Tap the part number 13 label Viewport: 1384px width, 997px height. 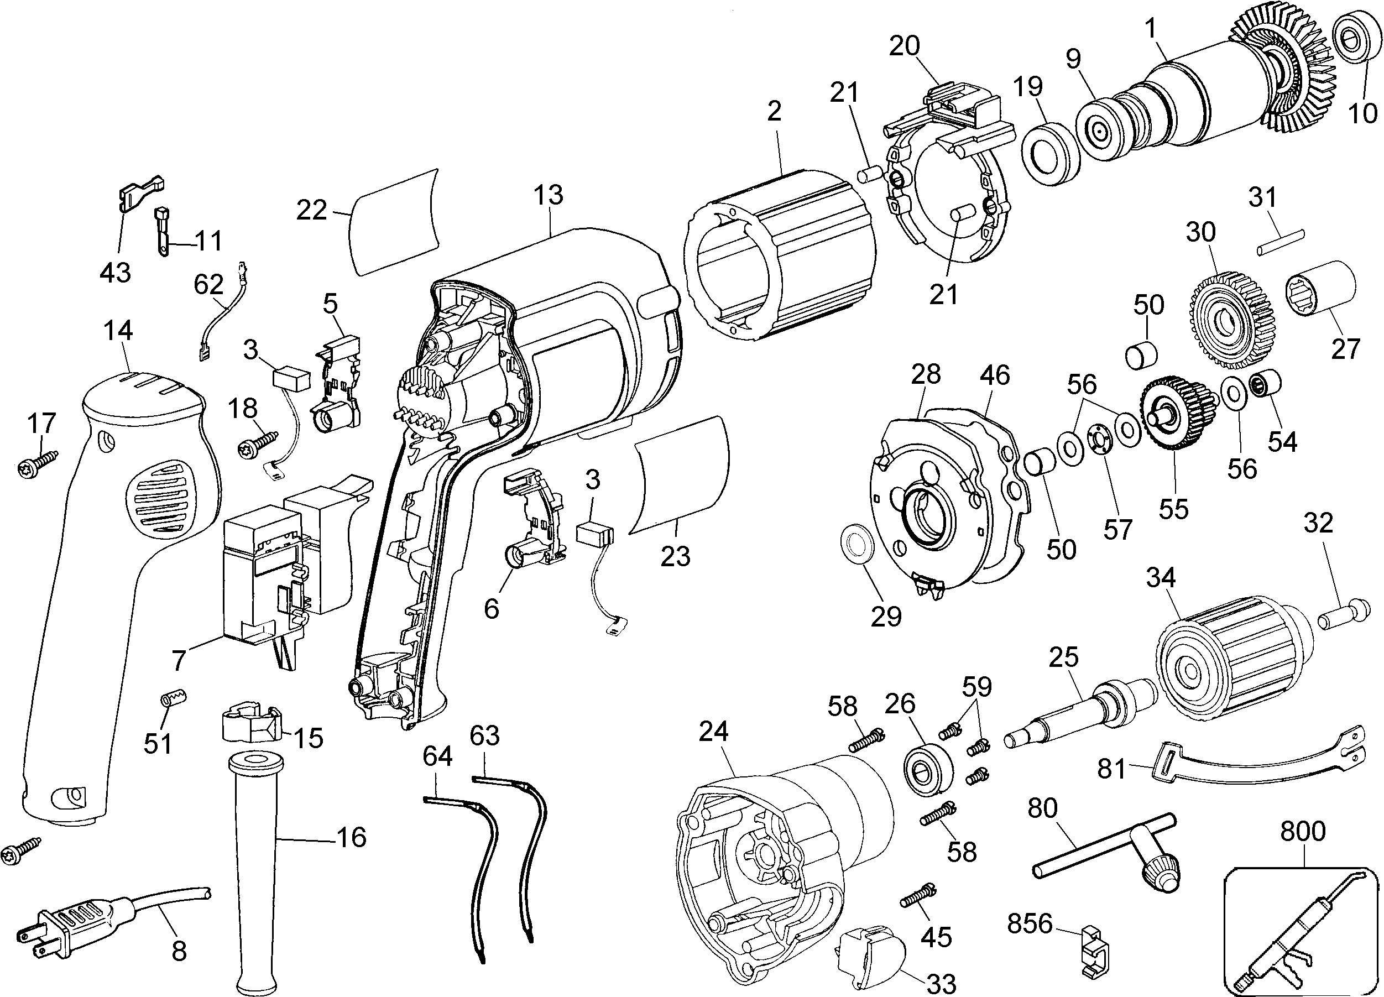coord(547,195)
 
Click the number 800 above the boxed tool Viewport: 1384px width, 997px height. coord(1302,831)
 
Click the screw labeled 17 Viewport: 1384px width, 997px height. coord(37,464)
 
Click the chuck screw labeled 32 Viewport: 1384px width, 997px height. coord(1343,616)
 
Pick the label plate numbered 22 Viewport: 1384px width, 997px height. coord(394,222)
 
